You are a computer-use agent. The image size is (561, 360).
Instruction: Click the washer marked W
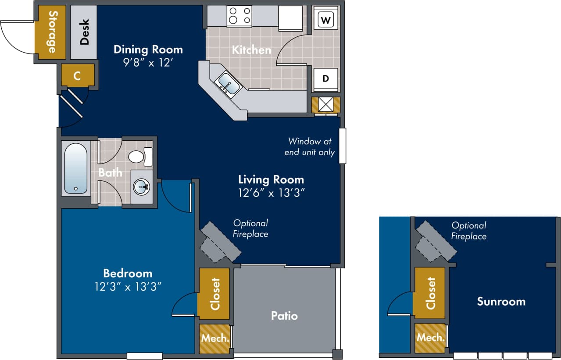(x=325, y=20)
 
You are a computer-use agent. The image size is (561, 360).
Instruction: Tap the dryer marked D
(x=325, y=79)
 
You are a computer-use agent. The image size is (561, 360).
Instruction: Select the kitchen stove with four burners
(x=239, y=16)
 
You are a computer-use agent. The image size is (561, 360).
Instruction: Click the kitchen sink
(x=229, y=84)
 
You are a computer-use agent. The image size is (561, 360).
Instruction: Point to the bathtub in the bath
(x=76, y=168)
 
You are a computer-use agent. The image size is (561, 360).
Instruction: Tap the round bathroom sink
(x=142, y=187)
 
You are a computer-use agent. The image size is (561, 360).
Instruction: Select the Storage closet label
(x=52, y=32)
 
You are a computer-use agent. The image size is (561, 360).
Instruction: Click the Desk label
(x=84, y=32)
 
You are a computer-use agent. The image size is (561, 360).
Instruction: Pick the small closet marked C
(x=77, y=76)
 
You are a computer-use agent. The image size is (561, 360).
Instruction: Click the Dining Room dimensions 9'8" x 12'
(x=148, y=62)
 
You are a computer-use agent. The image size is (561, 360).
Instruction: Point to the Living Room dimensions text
(x=271, y=192)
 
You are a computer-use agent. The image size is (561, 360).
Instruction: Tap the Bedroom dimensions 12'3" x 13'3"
(x=127, y=286)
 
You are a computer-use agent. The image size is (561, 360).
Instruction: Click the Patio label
(x=284, y=316)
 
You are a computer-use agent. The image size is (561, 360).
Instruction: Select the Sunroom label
(x=501, y=302)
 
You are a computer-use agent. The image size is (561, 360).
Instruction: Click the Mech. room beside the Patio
(x=215, y=339)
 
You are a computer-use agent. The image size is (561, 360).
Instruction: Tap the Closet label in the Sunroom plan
(x=431, y=293)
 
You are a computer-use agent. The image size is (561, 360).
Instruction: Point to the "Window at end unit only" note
(x=309, y=147)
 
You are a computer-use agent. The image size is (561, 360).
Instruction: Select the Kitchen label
(x=251, y=50)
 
